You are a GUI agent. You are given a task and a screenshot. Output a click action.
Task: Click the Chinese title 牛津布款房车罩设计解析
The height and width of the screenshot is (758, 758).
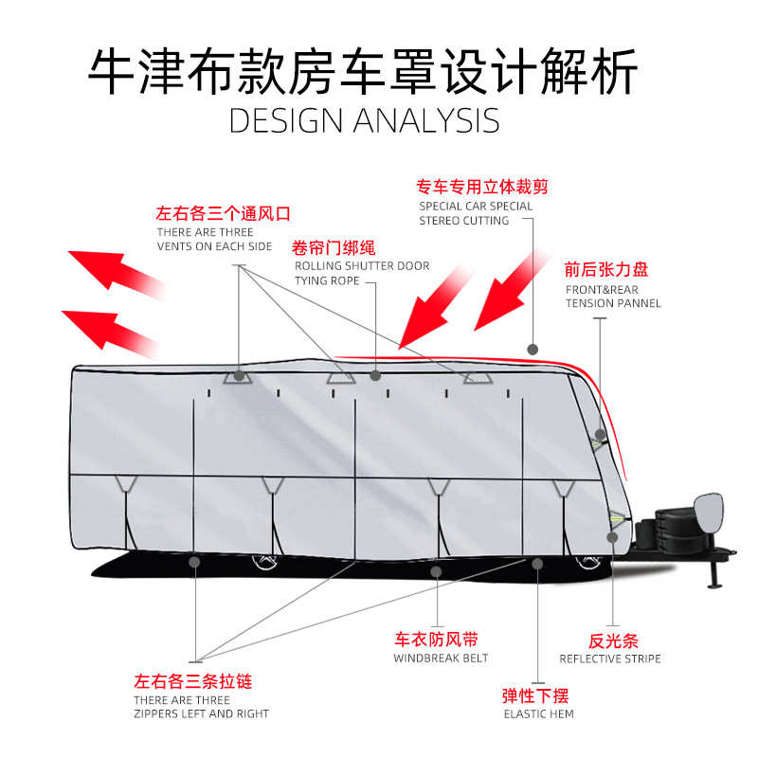coord(364,71)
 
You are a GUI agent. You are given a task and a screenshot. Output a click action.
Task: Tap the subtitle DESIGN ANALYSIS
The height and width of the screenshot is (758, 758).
coord(364,121)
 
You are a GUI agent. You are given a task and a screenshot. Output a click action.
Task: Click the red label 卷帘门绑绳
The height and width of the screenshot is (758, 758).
coord(334,248)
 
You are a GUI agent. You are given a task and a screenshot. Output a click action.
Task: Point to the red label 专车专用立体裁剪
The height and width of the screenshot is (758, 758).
coord(482,187)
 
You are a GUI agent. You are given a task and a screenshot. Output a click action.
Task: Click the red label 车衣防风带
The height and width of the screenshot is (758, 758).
coord(436,640)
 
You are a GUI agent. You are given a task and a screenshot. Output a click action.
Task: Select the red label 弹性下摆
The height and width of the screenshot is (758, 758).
coord(536,695)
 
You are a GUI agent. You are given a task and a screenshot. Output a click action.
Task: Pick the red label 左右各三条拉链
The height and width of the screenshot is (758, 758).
coord(193,680)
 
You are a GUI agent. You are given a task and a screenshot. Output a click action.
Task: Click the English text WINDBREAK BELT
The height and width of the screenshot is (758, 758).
coord(441,659)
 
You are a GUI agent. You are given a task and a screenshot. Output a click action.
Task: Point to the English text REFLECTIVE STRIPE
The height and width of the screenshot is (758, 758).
coord(610,659)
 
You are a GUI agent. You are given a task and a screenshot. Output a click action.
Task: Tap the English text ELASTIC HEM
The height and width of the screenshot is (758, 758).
coord(538,713)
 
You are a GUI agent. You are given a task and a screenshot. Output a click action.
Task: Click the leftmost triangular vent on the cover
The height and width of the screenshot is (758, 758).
coord(238,375)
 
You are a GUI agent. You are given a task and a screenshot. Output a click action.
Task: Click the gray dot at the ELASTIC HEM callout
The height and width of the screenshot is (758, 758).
coord(537,564)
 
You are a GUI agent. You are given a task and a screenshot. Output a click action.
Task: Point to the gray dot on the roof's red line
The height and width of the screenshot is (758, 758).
coord(533,349)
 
